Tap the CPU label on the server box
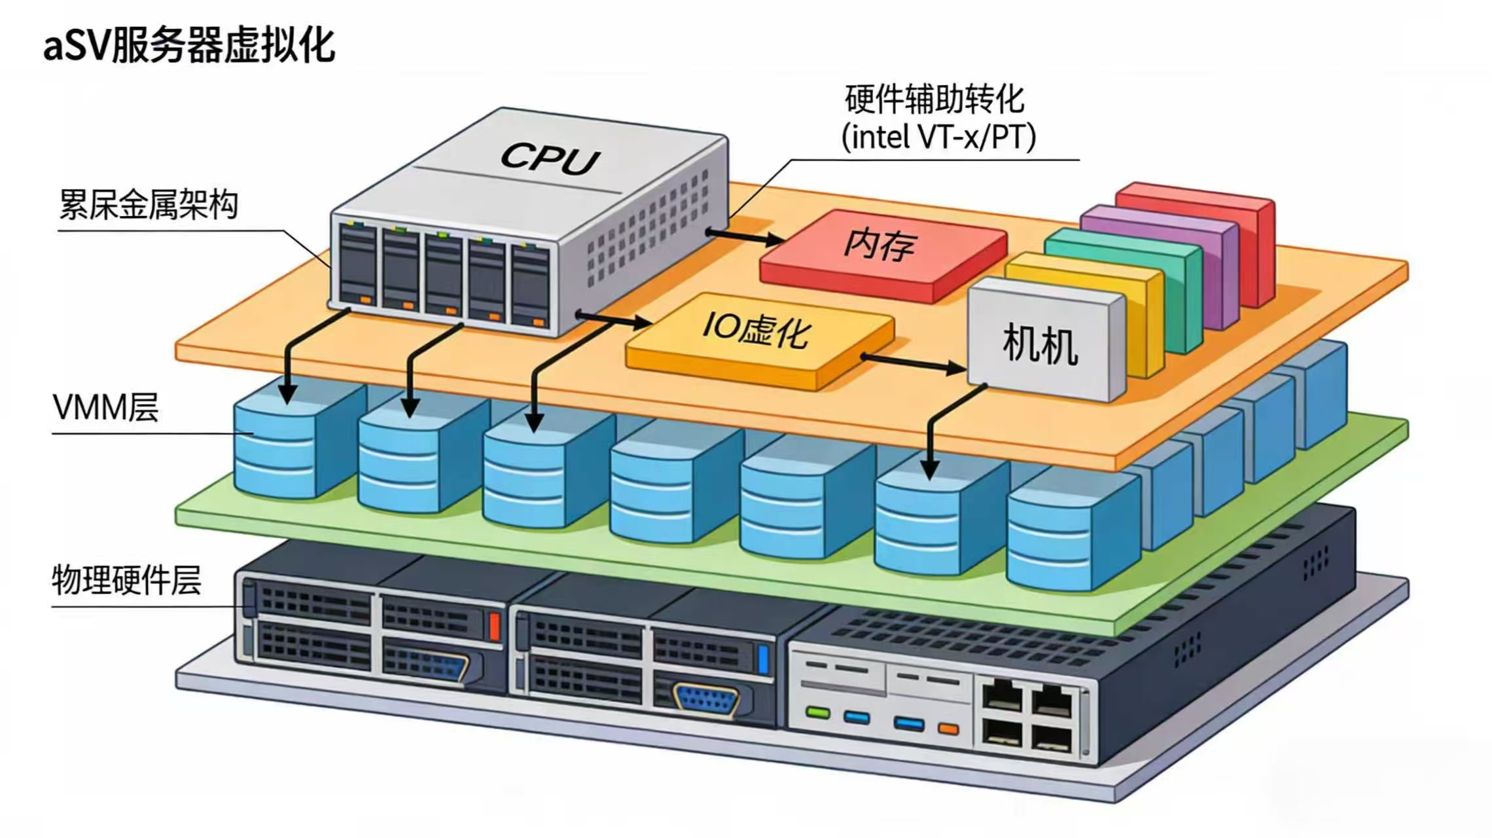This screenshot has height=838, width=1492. (550, 158)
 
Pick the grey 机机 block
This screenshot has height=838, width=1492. (1040, 344)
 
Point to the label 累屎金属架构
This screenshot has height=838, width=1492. (149, 205)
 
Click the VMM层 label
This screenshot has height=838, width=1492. (105, 408)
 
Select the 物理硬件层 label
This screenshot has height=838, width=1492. (126, 580)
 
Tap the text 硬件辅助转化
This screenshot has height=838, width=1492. (934, 100)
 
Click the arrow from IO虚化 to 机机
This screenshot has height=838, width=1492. (913, 363)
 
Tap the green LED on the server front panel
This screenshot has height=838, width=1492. (817, 712)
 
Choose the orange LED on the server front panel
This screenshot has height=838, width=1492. (948, 729)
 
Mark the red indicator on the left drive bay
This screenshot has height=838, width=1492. (494, 625)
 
